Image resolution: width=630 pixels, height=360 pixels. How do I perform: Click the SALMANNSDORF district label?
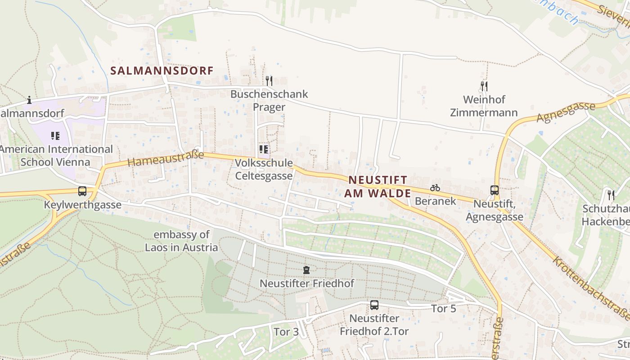[x=162, y=71]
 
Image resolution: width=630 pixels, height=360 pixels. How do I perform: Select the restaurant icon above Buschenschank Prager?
[x=269, y=81]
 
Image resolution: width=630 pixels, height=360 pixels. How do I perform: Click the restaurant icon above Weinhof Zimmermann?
[x=484, y=85]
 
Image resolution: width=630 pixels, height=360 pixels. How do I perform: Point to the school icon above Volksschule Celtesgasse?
[x=264, y=149]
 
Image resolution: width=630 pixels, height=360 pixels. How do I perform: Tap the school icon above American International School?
[x=55, y=135]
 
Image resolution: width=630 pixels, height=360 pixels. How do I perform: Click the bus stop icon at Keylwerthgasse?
[x=82, y=191]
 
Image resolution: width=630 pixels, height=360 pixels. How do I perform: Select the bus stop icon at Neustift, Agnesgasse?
[x=495, y=190]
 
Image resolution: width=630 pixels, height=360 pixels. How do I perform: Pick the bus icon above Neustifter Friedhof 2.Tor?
[x=374, y=305]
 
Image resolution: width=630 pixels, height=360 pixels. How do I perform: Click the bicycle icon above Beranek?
[x=435, y=188]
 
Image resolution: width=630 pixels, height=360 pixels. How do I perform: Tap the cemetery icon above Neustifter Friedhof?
[x=306, y=270]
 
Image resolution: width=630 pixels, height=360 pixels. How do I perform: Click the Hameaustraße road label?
[x=166, y=158]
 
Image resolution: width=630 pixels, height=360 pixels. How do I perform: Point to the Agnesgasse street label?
[x=566, y=112]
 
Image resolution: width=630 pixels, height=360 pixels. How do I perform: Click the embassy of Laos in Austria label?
[x=181, y=241]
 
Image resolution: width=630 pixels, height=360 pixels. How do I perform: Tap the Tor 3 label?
[x=286, y=332]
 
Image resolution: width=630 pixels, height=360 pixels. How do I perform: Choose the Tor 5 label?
[x=444, y=309]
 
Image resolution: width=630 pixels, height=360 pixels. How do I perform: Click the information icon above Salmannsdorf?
[x=29, y=100]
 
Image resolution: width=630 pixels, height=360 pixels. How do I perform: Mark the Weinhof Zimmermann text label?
[x=484, y=106]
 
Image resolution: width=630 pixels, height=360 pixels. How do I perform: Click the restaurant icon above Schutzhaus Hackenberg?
[x=611, y=195]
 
